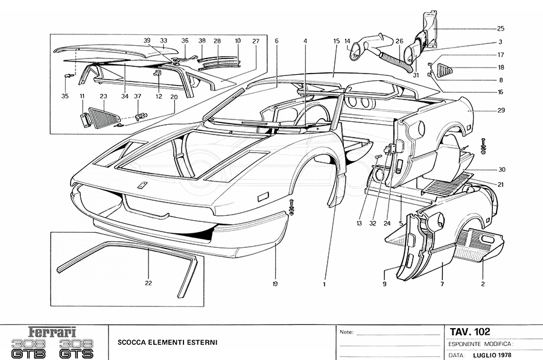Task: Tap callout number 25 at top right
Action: (x=501, y=28)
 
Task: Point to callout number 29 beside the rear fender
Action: (x=501, y=110)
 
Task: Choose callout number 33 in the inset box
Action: (x=163, y=41)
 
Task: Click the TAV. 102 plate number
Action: (x=469, y=332)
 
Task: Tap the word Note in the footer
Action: (x=346, y=332)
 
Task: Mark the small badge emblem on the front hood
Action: (x=141, y=185)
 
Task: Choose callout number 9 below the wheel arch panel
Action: (x=384, y=283)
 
